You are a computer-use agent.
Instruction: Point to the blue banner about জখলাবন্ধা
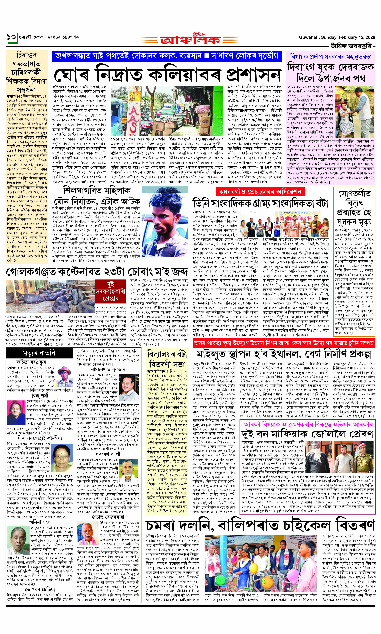click(167, 56)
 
